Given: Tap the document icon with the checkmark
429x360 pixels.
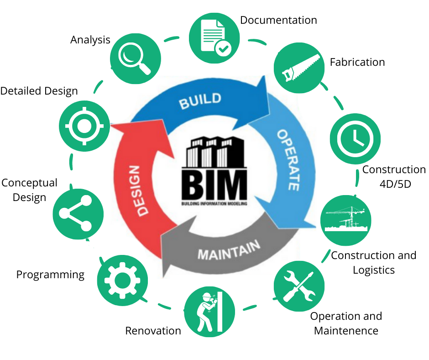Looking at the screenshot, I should [214, 37].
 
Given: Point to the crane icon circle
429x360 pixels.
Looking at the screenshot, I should [345, 220].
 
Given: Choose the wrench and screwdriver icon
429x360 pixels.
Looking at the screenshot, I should [299, 286].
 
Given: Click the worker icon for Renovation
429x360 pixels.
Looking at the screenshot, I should [209, 311].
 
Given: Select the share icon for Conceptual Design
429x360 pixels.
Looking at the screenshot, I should [78, 213].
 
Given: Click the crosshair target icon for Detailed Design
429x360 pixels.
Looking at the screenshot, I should [84, 124].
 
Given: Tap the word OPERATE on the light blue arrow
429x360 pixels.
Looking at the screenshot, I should [288, 159].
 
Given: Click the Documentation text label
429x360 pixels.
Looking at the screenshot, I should [278, 20].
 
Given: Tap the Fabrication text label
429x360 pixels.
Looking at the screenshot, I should [357, 62].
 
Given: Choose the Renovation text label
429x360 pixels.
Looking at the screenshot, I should [153, 330].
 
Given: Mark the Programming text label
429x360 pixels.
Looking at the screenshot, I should [50, 275].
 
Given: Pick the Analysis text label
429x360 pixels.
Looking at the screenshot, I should [90, 40].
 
